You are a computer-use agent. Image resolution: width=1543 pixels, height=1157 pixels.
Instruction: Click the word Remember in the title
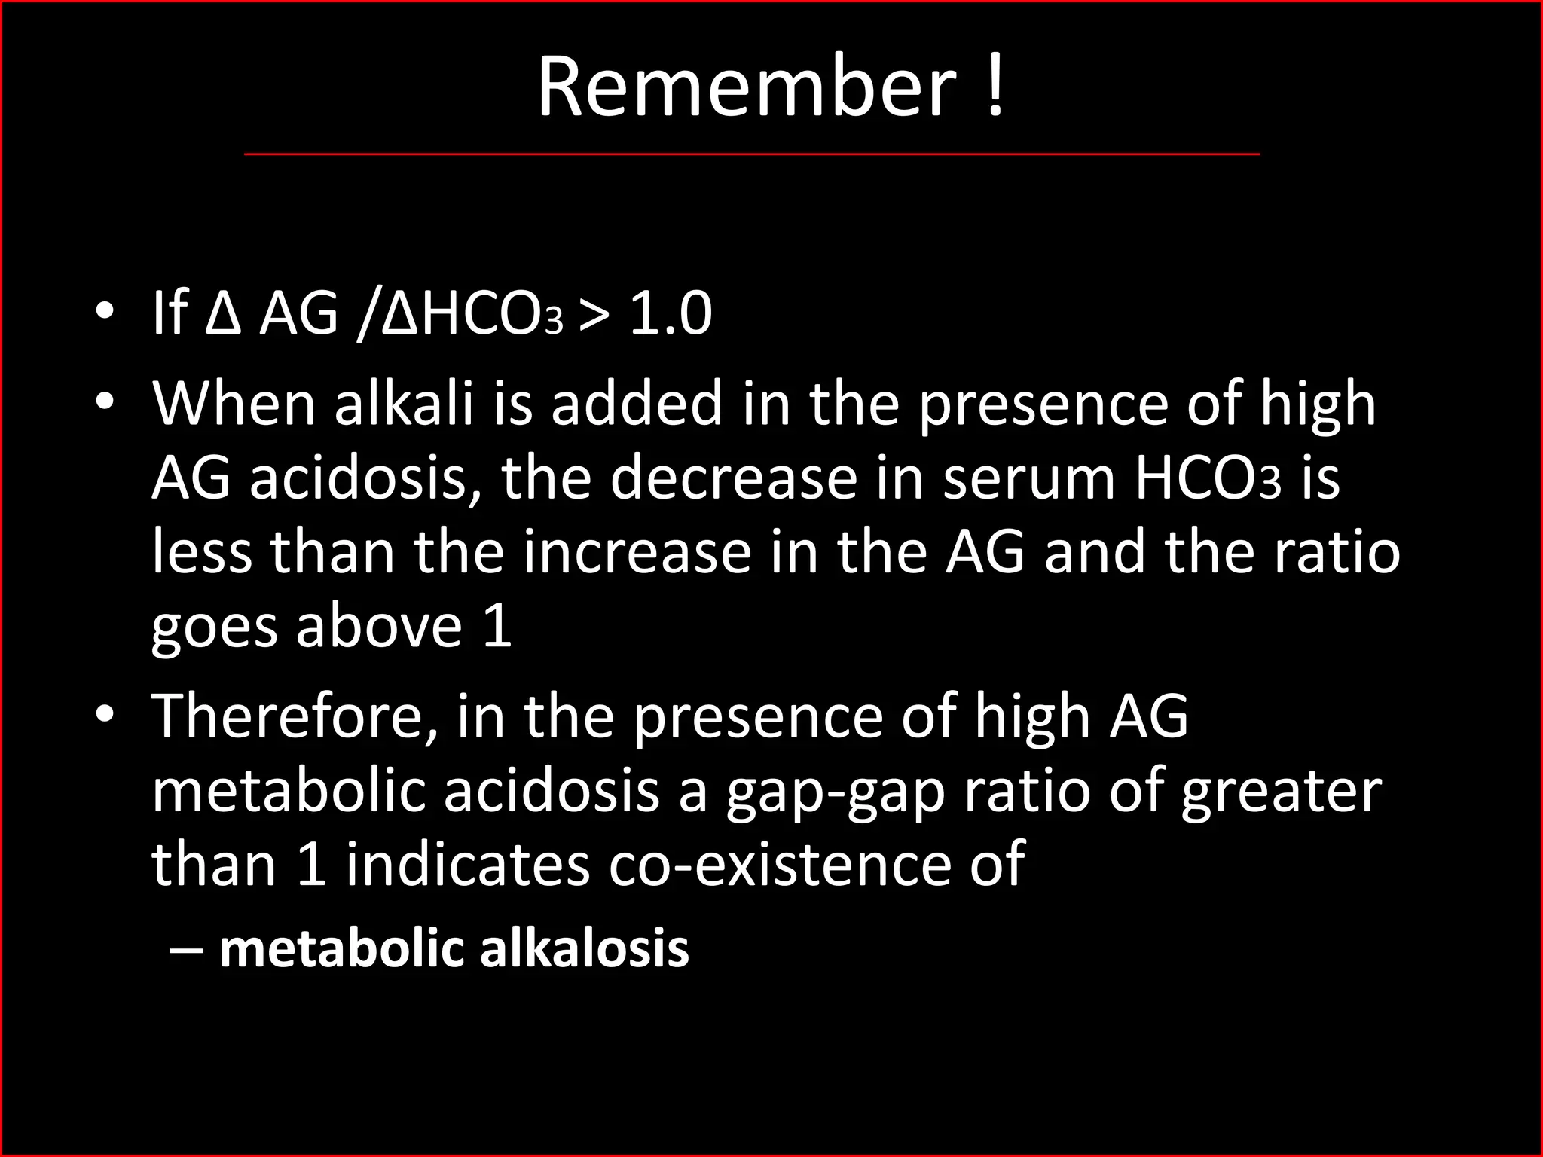[x=746, y=87]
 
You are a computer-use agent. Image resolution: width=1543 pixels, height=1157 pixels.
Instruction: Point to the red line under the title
[x=752, y=154]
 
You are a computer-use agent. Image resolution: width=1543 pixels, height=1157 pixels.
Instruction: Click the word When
[x=234, y=404]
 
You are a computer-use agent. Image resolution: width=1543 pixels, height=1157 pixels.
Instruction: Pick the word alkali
[x=404, y=404]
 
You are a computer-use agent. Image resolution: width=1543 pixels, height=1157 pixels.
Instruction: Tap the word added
[x=637, y=404]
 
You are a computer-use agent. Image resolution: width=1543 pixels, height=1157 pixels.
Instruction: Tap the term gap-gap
[x=835, y=793]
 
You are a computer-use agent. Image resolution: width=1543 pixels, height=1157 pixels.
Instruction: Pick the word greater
[x=1281, y=793]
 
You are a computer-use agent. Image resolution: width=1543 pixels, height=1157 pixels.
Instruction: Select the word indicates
[x=467, y=864]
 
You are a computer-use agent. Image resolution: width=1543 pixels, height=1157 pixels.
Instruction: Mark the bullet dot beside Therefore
[x=105, y=713]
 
